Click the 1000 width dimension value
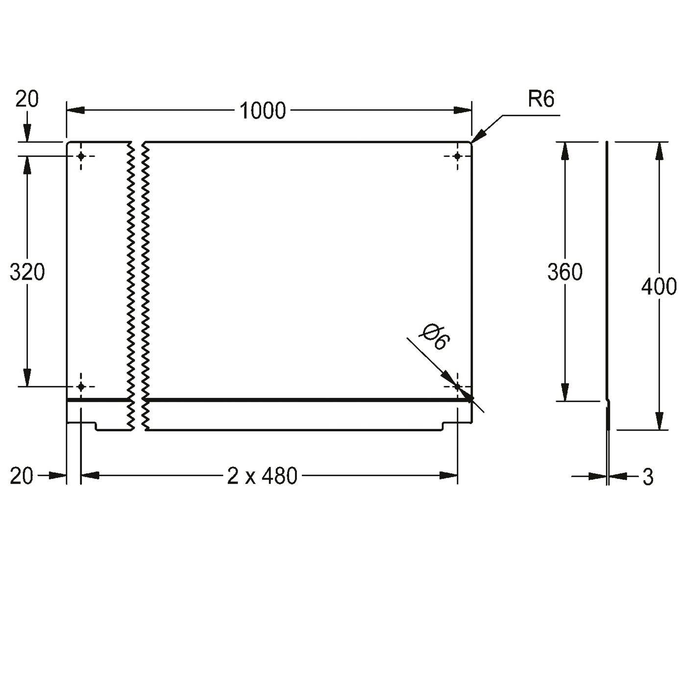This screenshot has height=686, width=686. [x=263, y=110]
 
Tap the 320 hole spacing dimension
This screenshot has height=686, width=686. [x=27, y=272]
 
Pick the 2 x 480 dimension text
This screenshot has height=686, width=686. [x=262, y=476]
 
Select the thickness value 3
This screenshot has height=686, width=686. [x=648, y=477]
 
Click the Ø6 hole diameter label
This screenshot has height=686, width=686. [x=435, y=337]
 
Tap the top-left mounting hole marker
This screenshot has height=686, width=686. [x=81, y=156]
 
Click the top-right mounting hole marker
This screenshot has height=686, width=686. [x=458, y=156]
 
